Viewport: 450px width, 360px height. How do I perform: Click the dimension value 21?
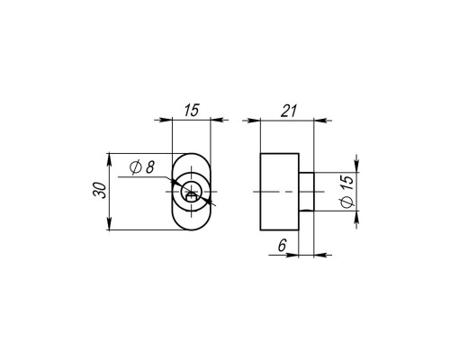coord(289,111)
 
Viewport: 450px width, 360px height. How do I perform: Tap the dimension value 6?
coord(283,246)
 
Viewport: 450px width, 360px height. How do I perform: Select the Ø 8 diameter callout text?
coord(142,167)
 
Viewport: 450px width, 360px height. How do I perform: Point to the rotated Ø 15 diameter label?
coord(347,192)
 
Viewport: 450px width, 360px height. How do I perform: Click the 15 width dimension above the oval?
coord(192,110)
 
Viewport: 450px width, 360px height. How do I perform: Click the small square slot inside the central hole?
coord(192,197)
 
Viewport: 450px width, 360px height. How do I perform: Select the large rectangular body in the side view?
coord(280,192)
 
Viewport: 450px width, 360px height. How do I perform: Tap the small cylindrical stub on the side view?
coord(307,192)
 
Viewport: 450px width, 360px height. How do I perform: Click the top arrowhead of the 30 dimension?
coord(109,159)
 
